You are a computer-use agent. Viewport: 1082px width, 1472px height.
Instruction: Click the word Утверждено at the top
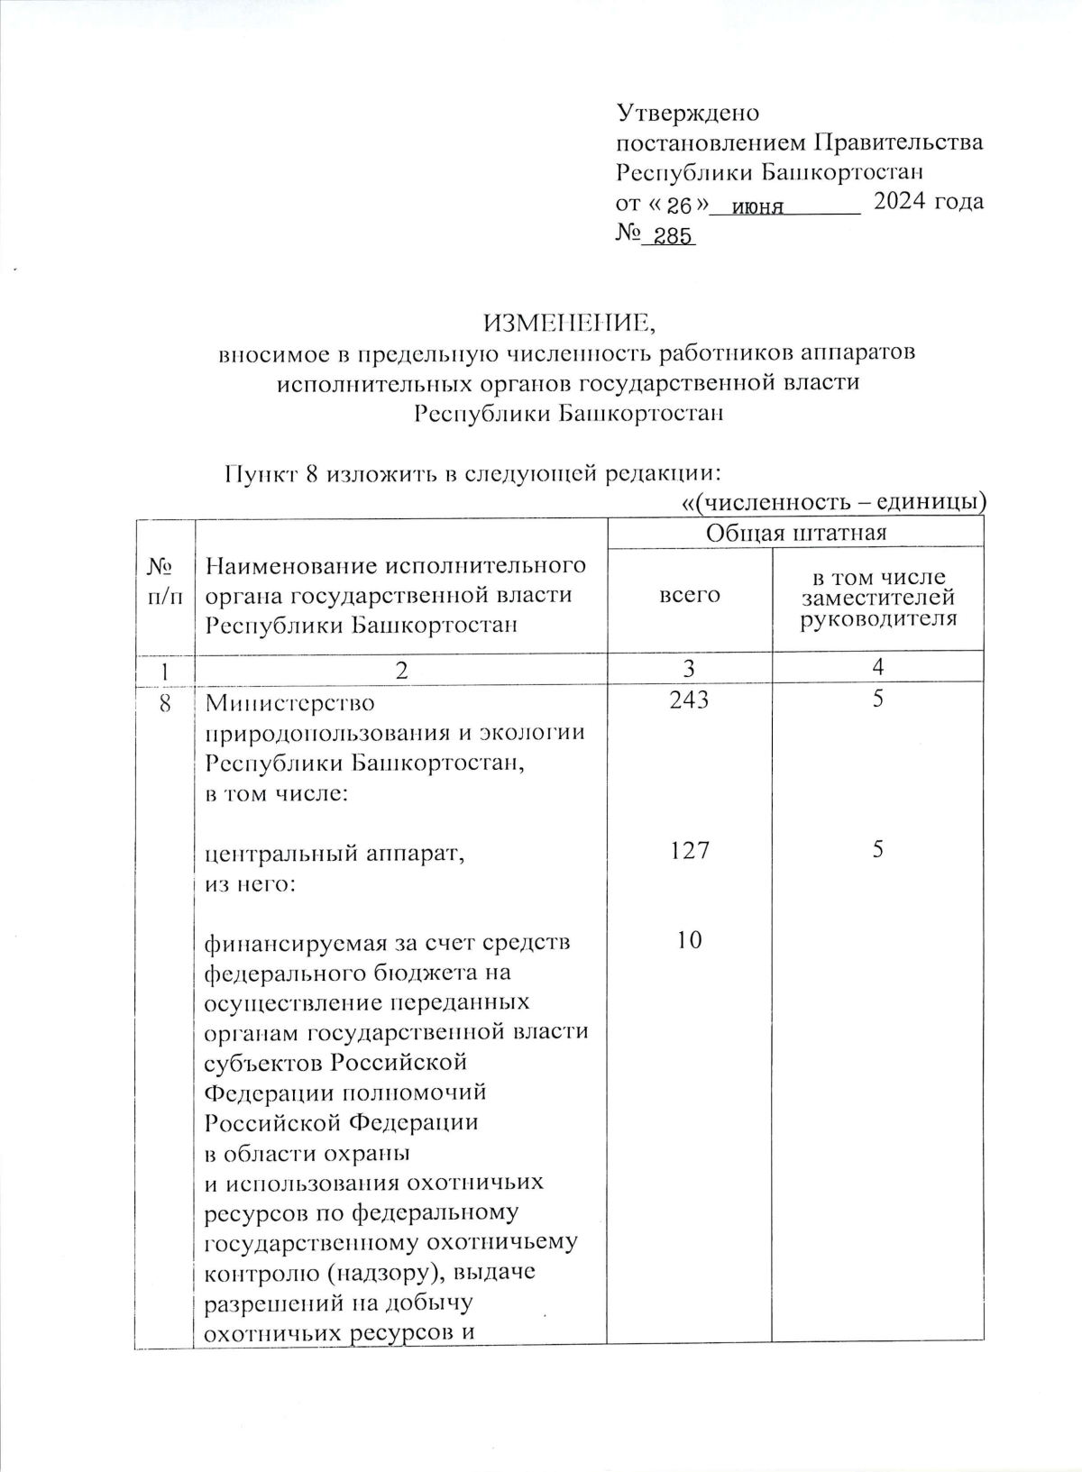(687, 114)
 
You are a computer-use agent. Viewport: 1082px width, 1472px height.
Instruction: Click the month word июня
(758, 206)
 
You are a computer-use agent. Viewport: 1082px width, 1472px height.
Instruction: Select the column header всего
(690, 595)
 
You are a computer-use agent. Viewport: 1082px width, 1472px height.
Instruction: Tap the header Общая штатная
(796, 533)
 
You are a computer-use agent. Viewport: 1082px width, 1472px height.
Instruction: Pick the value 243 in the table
(690, 700)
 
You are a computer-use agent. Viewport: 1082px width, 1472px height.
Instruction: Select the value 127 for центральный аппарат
(690, 850)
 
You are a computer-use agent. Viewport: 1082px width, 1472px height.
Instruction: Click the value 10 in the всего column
(690, 940)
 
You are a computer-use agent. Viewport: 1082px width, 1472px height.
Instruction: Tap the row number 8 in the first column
(165, 701)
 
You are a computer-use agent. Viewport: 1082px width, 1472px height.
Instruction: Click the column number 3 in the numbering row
(690, 668)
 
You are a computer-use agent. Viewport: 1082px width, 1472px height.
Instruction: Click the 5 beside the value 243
(877, 700)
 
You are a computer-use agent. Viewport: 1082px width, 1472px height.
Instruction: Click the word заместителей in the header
(878, 599)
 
